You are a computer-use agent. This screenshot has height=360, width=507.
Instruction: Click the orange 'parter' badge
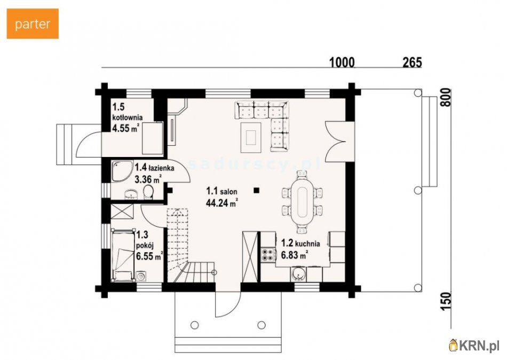33,24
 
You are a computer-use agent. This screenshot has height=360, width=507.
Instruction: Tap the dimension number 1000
342,62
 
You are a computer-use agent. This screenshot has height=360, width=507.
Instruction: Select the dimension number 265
412,62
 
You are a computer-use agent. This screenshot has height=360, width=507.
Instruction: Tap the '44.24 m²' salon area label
222,202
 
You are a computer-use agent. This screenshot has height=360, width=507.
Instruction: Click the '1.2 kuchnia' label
300,243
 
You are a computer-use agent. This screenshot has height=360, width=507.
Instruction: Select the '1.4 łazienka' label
155,167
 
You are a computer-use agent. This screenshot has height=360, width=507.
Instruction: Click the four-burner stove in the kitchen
267,254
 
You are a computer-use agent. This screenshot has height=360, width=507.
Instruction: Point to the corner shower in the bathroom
122,171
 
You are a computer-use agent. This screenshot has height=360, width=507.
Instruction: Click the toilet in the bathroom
148,192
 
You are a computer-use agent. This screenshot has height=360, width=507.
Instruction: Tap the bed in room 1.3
123,255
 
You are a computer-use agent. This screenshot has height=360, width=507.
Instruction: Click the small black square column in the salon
256,190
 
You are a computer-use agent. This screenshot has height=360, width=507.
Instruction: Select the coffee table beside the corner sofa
251,137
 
